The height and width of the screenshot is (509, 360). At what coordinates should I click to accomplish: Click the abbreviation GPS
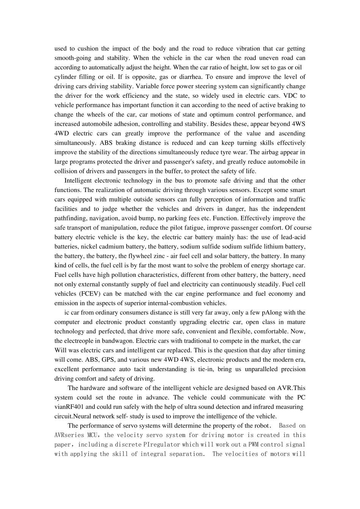(x=81, y=360)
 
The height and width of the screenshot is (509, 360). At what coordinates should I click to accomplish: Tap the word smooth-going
(x=72, y=58)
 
